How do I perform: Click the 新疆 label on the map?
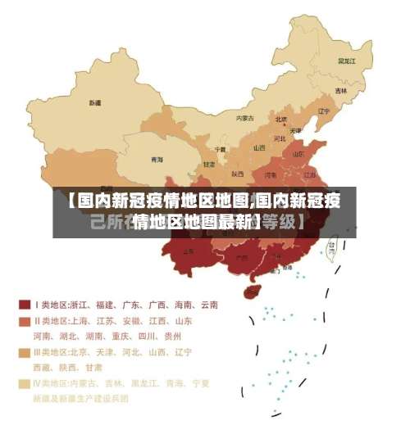click(96, 103)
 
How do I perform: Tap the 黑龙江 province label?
click(346, 61)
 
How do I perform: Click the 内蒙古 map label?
click(245, 118)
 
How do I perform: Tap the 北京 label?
click(281, 120)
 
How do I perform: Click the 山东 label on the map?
click(300, 155)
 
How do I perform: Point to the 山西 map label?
click(259, 148)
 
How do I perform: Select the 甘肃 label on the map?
click(209, 165)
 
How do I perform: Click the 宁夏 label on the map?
click(220, 149)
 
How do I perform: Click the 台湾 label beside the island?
click(332, 244)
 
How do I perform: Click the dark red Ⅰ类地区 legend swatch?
click(25, 305)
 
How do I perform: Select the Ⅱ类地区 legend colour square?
click(25, 321)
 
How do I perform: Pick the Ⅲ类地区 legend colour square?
click(25, 352)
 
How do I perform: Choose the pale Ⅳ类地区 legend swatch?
click(25, 382)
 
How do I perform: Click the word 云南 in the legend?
click(207, 305)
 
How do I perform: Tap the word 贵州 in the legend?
click(172, 336)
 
